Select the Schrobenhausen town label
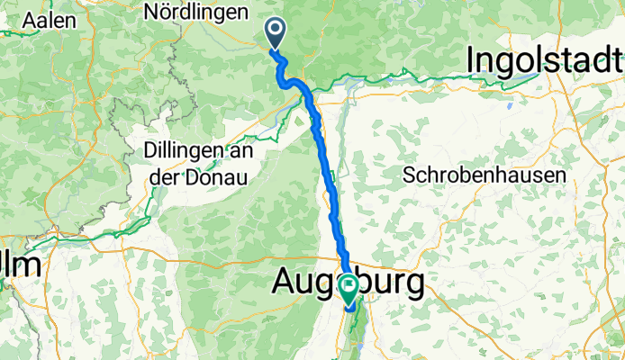pos(485,174)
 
